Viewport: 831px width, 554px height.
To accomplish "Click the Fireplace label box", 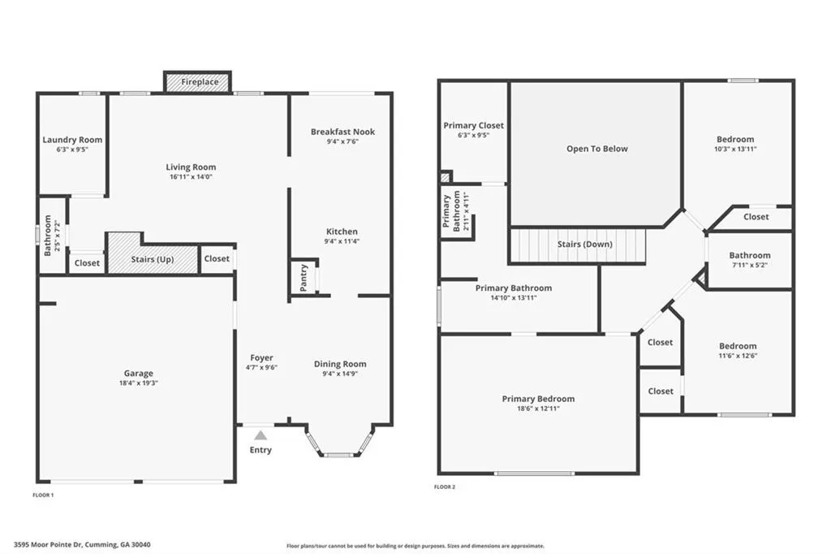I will [199, 82].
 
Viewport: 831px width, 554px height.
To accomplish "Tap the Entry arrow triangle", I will [260, 436].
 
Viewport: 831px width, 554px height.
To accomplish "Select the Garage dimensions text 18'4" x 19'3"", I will [138, 383].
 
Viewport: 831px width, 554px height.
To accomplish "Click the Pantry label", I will [304, 278].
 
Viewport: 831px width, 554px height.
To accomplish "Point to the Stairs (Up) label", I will [153, 259].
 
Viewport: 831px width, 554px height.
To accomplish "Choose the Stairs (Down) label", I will [584, 245].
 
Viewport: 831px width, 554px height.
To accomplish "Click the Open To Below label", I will [596, 149].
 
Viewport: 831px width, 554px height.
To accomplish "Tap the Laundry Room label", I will [72, 140].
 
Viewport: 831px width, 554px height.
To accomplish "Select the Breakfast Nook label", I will [342, 132].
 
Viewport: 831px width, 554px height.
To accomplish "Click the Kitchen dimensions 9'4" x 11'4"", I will [342, 241].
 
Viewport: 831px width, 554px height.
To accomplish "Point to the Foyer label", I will [261, 357].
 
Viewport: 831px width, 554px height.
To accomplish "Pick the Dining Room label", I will [340, 364].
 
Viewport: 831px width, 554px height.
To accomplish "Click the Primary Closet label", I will [473, 126].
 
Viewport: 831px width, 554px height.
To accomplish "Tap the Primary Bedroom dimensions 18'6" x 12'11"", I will [538, 409].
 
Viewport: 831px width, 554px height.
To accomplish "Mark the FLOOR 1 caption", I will [42, 495].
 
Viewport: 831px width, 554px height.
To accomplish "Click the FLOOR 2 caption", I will [445, 487].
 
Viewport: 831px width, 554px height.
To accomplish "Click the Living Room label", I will [192, 167].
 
